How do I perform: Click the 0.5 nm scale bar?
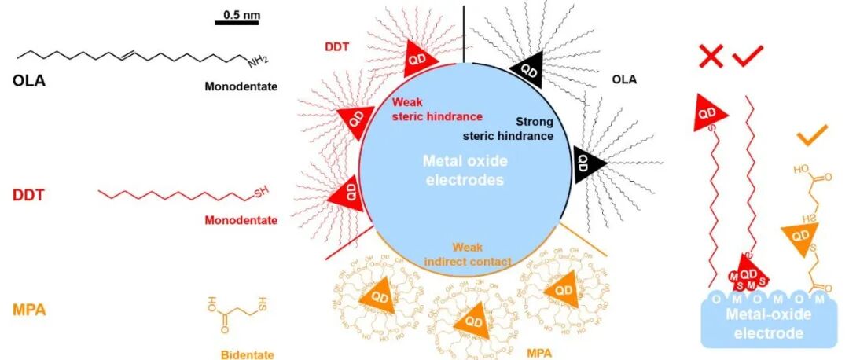click(x=237, y=22)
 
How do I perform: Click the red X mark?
click(x=711, y=57)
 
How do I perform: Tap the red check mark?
click(x=748, y=57)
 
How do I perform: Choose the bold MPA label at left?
click(x=29, y=310)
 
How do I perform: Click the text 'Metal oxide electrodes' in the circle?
click(x=465, y=170)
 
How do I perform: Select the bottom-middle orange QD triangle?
click(x=472, y=323)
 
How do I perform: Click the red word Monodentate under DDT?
click(x=241, y=220)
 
